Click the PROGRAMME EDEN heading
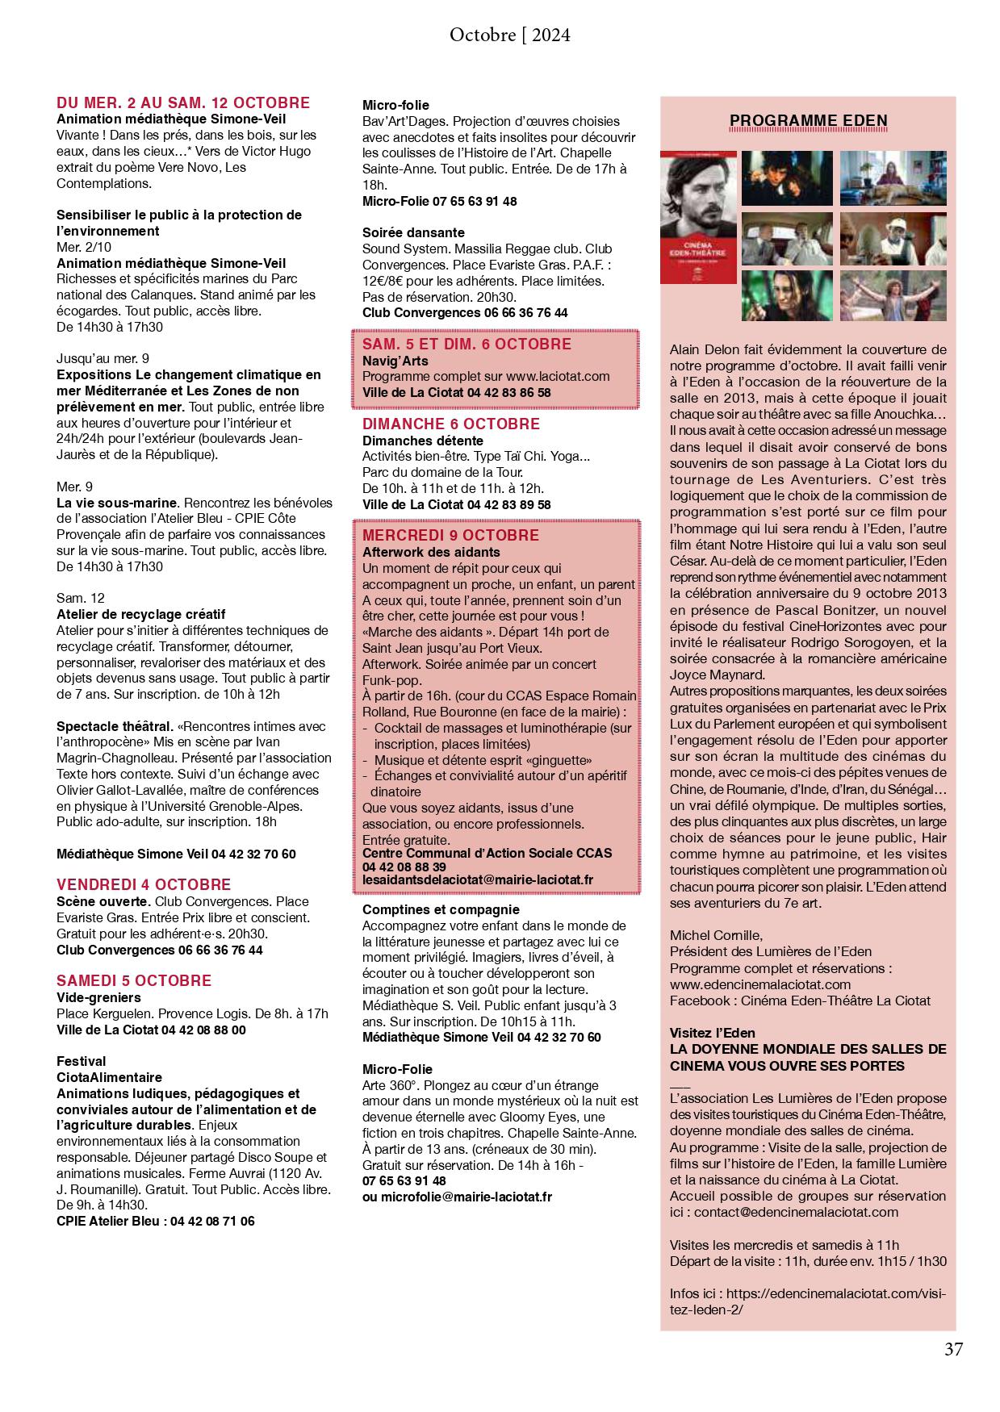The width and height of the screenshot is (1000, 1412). (x=808, y=121)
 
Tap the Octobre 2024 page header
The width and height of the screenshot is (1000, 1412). (x=509, y=35)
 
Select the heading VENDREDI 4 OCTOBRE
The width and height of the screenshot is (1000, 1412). (x=144, y=884)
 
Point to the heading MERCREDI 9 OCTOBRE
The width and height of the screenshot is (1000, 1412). (x=450, y=536)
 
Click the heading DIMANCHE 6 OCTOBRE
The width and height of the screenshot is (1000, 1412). (x=451, y=424)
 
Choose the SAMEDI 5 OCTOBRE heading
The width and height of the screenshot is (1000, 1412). (x=134, y=981)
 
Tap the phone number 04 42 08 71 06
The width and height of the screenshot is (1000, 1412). (x=211, y=1222)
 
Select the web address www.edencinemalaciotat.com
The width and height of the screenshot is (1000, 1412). (x=760, y=984)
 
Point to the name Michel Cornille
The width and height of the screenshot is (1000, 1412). (x=716, y=935)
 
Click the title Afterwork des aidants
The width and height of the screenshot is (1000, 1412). (x=431, y=553)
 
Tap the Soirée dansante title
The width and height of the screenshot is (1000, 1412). (x=413, y=232)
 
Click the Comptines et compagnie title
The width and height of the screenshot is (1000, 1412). (x=441, y=909)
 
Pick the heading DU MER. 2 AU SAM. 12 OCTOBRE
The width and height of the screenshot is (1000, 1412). (x=183, y=102)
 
